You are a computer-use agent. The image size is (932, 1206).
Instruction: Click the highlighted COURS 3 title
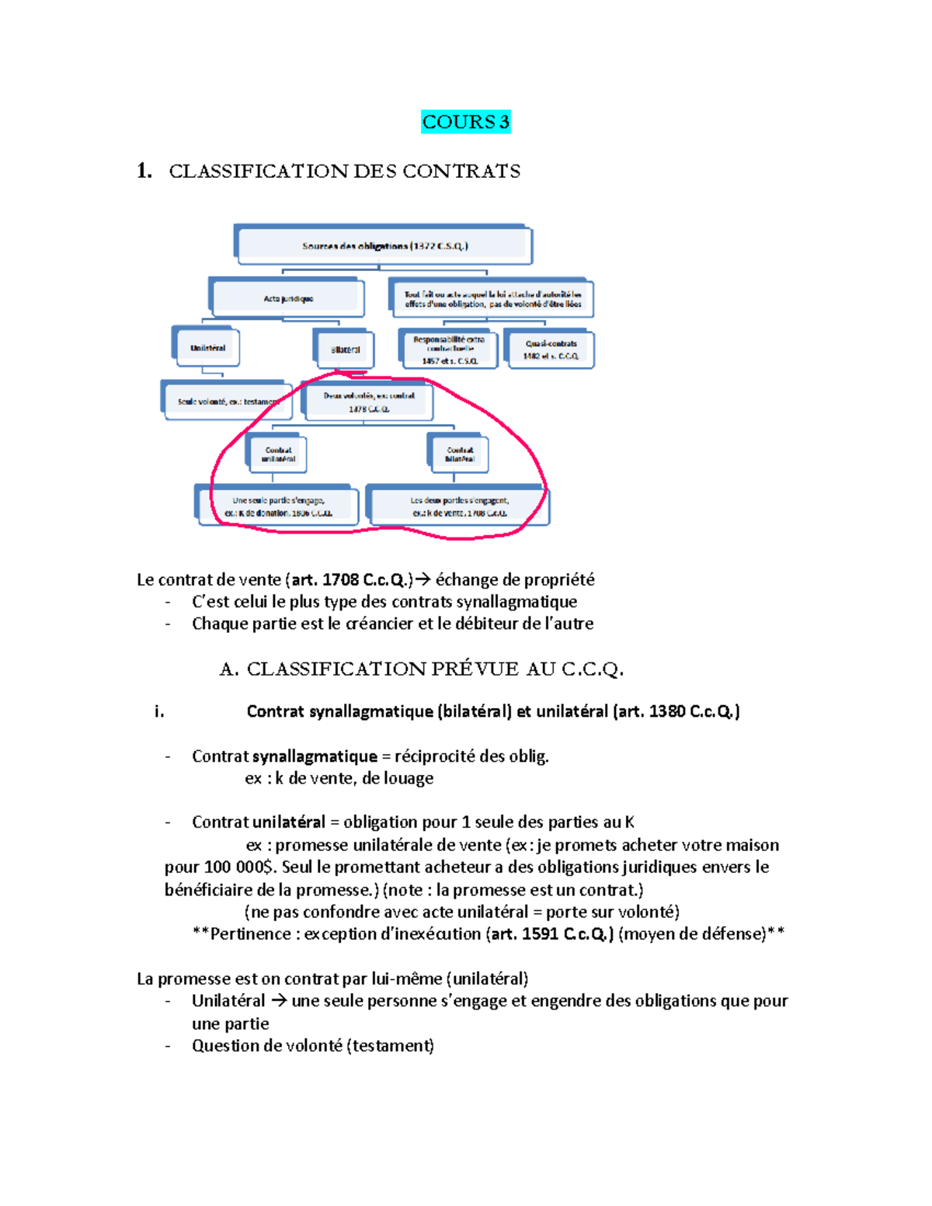[465, 122]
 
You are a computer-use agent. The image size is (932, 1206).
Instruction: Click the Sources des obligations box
[384, 246]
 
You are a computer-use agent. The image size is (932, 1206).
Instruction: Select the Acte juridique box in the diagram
[288, 298]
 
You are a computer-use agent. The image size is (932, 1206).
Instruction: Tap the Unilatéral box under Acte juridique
[207, 348]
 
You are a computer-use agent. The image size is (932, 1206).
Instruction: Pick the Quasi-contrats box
[551, 349]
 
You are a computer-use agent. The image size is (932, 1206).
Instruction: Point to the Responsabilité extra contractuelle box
[449, 349]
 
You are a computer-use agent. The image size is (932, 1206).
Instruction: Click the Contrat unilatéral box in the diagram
[278, 454]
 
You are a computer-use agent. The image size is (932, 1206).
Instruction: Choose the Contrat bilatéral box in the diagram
[460, 454]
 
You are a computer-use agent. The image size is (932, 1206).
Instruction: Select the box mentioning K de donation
[278, 506]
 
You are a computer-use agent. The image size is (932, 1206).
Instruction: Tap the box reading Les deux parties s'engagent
[459, 506]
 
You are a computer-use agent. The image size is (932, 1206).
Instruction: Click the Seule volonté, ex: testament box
[228, 401]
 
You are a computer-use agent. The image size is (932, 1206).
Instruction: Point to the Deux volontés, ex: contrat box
[369, 401]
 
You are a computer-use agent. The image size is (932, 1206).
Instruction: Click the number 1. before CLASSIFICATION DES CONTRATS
[144, 171]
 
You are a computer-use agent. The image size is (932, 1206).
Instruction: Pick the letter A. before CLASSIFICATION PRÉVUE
[229, 669]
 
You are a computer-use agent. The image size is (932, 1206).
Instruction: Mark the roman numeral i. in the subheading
[159, 711]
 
